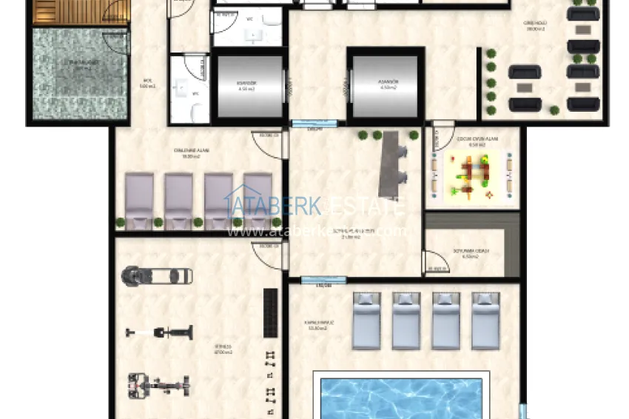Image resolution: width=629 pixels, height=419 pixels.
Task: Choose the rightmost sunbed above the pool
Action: point(486,320)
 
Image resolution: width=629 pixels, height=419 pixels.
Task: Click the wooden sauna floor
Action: point(67,12)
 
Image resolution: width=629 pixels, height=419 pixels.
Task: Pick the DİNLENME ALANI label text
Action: point(191,150)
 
